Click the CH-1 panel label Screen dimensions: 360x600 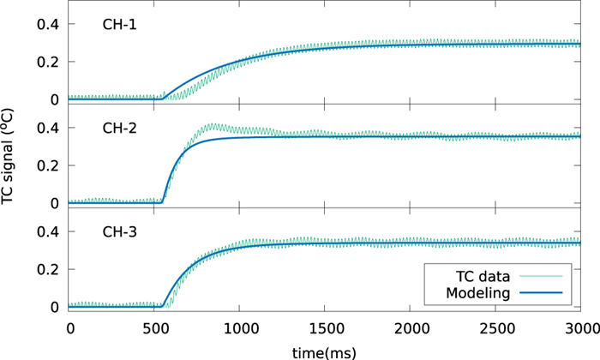tap(115, 25)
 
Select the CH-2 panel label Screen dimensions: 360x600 tap(115, 129)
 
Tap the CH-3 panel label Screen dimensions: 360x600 tap(115, 232)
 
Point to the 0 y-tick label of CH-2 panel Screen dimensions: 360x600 tap(55, 203)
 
